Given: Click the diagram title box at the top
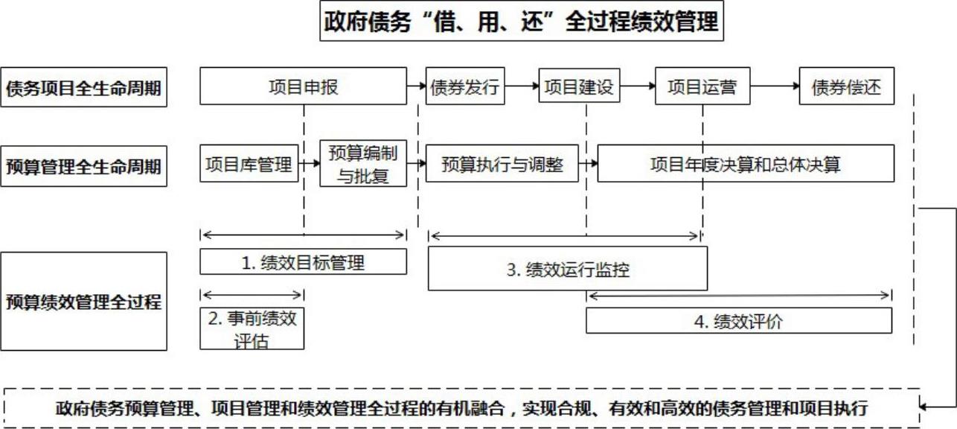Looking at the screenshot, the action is click(x=522, y=21).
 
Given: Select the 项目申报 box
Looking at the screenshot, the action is click(x=304, y=86).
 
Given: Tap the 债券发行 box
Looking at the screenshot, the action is click(x=465, y=86).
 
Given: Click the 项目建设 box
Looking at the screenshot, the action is click(x=579, y=85).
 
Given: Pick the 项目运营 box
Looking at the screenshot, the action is click(x=702, y=86).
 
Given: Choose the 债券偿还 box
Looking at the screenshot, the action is click(x=847, y=86).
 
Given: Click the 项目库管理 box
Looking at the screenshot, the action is click(x=249, y=163).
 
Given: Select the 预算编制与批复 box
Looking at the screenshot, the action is click(x=363, y=163).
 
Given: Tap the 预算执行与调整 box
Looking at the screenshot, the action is click(x=502, y=163).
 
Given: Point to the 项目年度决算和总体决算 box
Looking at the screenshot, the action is click(x=746, y=163).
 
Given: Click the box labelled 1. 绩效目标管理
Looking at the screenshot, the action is click(x=304, y=261).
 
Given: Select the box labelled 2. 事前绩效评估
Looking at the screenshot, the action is click(x=252, y=328).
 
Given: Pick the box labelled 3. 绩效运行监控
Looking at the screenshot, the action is click(x=568, y=269).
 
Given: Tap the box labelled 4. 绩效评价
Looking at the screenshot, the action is click(x=739, y=320).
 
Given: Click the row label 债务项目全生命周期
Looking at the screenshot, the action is click(x=84, y=87).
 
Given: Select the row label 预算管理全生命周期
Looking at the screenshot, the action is click(x=84, y=166).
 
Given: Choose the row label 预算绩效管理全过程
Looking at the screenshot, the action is click(x=84, y=301).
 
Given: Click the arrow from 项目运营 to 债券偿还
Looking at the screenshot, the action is click(x=775, y=86).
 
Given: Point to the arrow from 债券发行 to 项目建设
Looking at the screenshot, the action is click(x=522, y=86).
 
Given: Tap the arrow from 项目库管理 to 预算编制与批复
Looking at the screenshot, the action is click(x=309, y=163).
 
